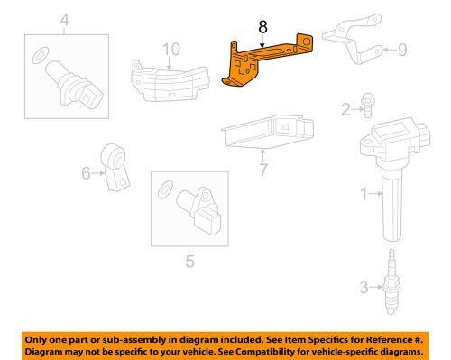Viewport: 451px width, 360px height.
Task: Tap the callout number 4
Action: point(64,18)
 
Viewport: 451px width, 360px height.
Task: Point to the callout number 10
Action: point(171,48)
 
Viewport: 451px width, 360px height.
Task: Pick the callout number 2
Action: point(345,110)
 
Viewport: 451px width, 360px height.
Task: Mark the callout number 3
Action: point(363,287)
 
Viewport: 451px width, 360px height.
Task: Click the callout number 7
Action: point(263,169)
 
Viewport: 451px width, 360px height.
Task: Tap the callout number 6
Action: point(87,171)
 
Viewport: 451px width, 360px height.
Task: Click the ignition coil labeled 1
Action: point(393,171)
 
